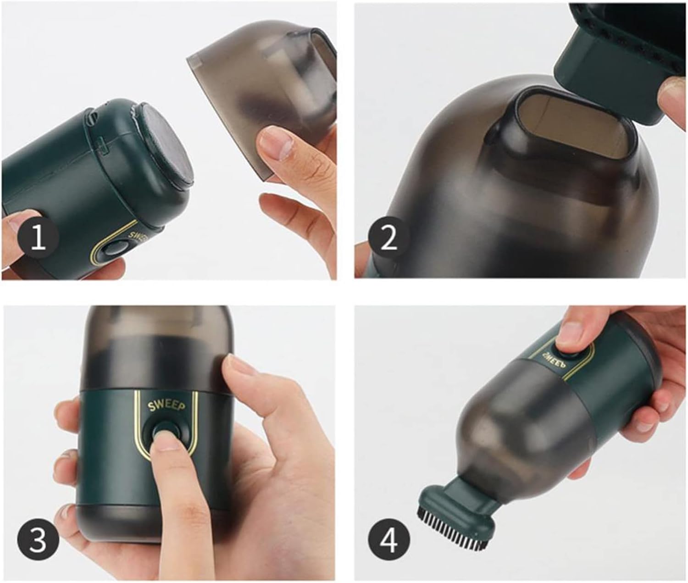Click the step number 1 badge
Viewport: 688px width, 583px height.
[x=38, y=237]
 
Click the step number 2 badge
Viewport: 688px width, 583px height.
[x=389, y=238]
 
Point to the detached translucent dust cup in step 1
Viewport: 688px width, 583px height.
[x=263, y=97]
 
